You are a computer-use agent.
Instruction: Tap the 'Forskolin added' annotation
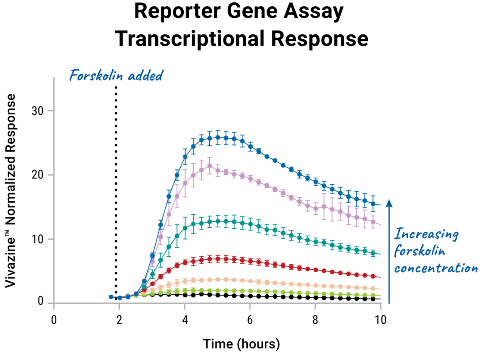coord(116,76)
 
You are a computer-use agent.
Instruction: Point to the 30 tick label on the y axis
coord(37,111)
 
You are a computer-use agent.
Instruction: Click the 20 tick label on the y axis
coord(37,175)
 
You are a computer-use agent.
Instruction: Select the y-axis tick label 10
coord(37,239)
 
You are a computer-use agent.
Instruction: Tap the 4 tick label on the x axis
coord(185,320)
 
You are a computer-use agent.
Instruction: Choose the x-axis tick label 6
coord(250,320)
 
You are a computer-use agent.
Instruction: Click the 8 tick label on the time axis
coord(315,320)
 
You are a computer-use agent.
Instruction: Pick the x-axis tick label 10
coord(381,320)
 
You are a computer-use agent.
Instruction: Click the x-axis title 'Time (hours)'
coord(241,344)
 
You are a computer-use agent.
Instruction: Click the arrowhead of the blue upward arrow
coord(389,203)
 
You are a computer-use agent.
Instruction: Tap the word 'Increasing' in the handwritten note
coord(426,234)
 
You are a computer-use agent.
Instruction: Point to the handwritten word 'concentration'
coord(436,267)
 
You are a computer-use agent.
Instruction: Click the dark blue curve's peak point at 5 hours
coord(217,138)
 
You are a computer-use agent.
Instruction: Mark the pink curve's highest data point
coord(209,165)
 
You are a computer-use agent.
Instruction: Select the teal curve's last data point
coord(373,253)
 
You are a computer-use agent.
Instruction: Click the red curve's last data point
coord(373,276)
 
